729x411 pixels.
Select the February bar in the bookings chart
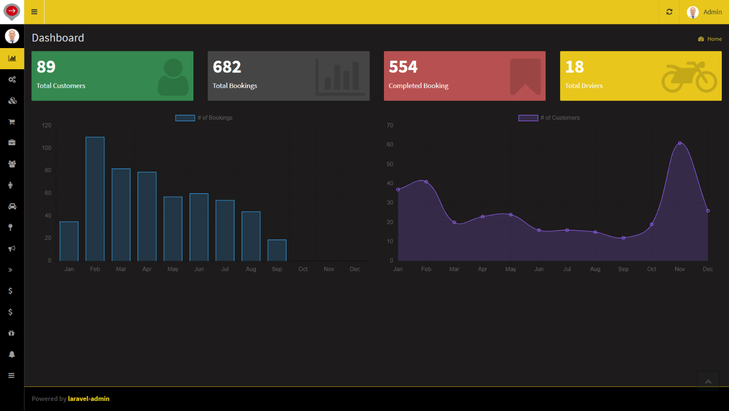(95, 199)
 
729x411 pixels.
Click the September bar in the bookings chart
(277, 250)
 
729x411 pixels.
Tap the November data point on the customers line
(680, 143)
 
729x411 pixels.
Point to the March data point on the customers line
(454, 223)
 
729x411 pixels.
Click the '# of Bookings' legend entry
(204, 118)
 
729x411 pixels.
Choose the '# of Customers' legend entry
(550, 118)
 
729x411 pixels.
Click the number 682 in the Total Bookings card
(227, 67)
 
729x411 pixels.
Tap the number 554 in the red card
(403, 67)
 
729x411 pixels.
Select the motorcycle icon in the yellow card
(689, 76)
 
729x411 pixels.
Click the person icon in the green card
(173, 77)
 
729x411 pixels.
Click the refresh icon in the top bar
(669, 12)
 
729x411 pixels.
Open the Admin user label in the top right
(712, 12)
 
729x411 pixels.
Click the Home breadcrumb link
(714, 39)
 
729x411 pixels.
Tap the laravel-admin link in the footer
(89, 399)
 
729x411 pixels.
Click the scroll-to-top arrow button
(708, 381)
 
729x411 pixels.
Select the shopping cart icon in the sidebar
(12, 122)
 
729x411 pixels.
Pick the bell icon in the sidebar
(12, 354)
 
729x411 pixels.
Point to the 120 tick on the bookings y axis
(47, 125)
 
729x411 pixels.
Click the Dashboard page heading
(58, 38)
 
